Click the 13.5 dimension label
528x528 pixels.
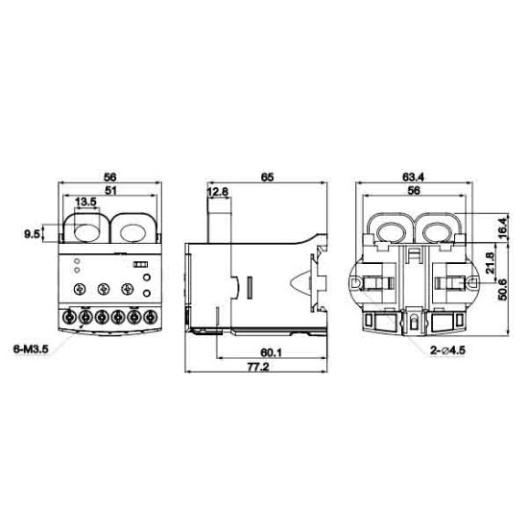coord(85,203)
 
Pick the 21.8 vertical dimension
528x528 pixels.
coord(490,260)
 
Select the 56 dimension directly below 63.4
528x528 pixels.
coord(414,191)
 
